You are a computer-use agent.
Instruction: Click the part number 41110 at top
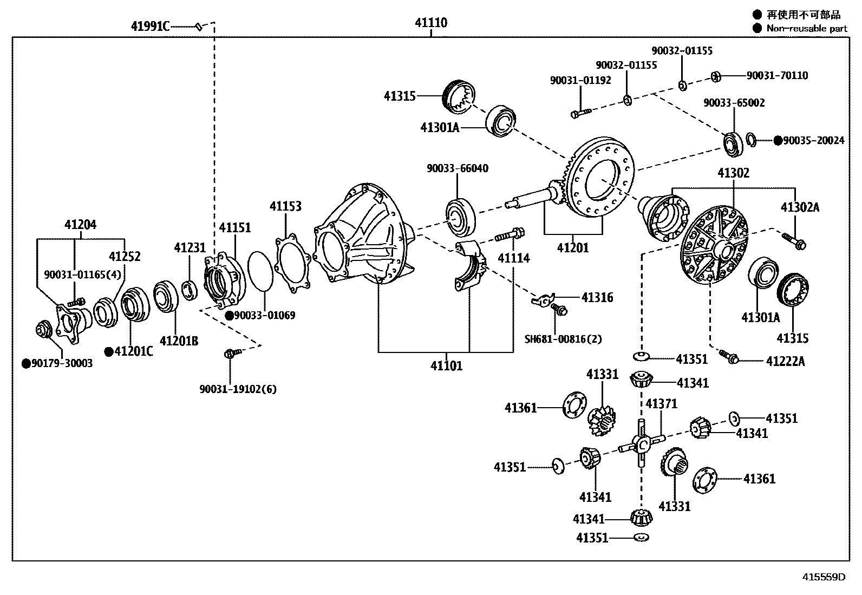431,23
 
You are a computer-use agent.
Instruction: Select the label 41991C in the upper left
150,26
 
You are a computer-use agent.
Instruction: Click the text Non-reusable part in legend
806,29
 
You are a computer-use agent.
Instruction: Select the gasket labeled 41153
292,263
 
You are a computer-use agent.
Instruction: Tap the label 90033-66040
457,168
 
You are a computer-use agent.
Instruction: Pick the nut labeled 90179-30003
43,329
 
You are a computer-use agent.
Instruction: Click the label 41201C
133,352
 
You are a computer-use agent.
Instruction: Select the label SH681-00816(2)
563,339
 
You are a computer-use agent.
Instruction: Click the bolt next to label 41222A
729,356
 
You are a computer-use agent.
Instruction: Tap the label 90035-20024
813,140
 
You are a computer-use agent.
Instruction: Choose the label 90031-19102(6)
238,389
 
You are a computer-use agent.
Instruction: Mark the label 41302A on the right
800,207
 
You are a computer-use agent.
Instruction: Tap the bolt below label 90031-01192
581,113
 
